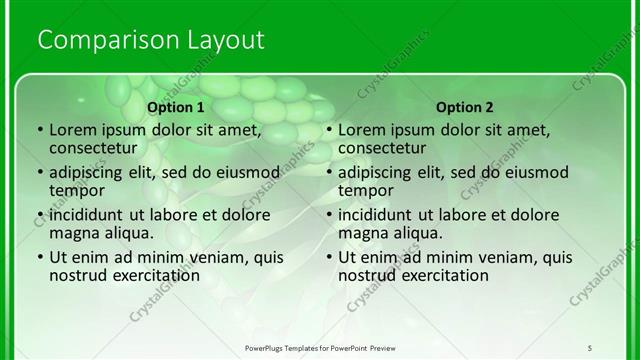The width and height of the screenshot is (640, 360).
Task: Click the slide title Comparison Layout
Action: (x=150, y=41)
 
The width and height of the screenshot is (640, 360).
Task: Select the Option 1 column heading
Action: (x=176, y=107)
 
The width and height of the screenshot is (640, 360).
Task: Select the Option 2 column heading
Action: (x=465, y=107)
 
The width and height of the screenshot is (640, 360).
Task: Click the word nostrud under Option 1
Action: (x=77, y=276)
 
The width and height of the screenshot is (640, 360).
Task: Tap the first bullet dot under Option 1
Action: (x=39, y=130)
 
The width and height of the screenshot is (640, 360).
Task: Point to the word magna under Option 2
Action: (x=361, y=233)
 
